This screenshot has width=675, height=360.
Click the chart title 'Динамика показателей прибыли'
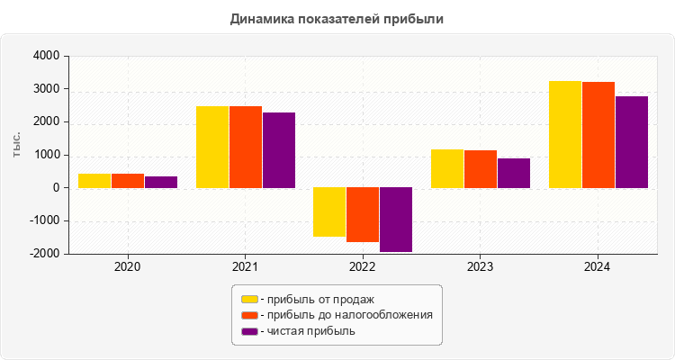(337, 18)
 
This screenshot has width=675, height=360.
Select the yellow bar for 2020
(94, 181)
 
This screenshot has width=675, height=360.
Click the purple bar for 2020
(161, 182)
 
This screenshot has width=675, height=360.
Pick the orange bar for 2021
(246, 148)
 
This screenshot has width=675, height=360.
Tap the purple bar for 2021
(279, 150)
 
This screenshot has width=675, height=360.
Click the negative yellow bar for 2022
(329, 212)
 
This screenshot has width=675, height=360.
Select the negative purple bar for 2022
(396, 220)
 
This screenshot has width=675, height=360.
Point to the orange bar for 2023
(481, 169)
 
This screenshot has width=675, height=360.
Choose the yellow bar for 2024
(565, 135)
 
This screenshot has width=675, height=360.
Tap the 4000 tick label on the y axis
(46, 57)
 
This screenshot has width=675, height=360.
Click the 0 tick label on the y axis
(56, 188)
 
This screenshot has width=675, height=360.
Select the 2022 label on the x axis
(363, 267)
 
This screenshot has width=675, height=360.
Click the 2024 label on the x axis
(598, 267)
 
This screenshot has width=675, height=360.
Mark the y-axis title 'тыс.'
(17, 144)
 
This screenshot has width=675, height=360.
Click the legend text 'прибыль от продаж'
(318, 299)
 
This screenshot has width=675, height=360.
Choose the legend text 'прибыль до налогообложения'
(347, 315)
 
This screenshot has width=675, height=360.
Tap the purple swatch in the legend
(249, 331)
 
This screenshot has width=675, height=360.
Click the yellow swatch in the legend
(249, 299)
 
